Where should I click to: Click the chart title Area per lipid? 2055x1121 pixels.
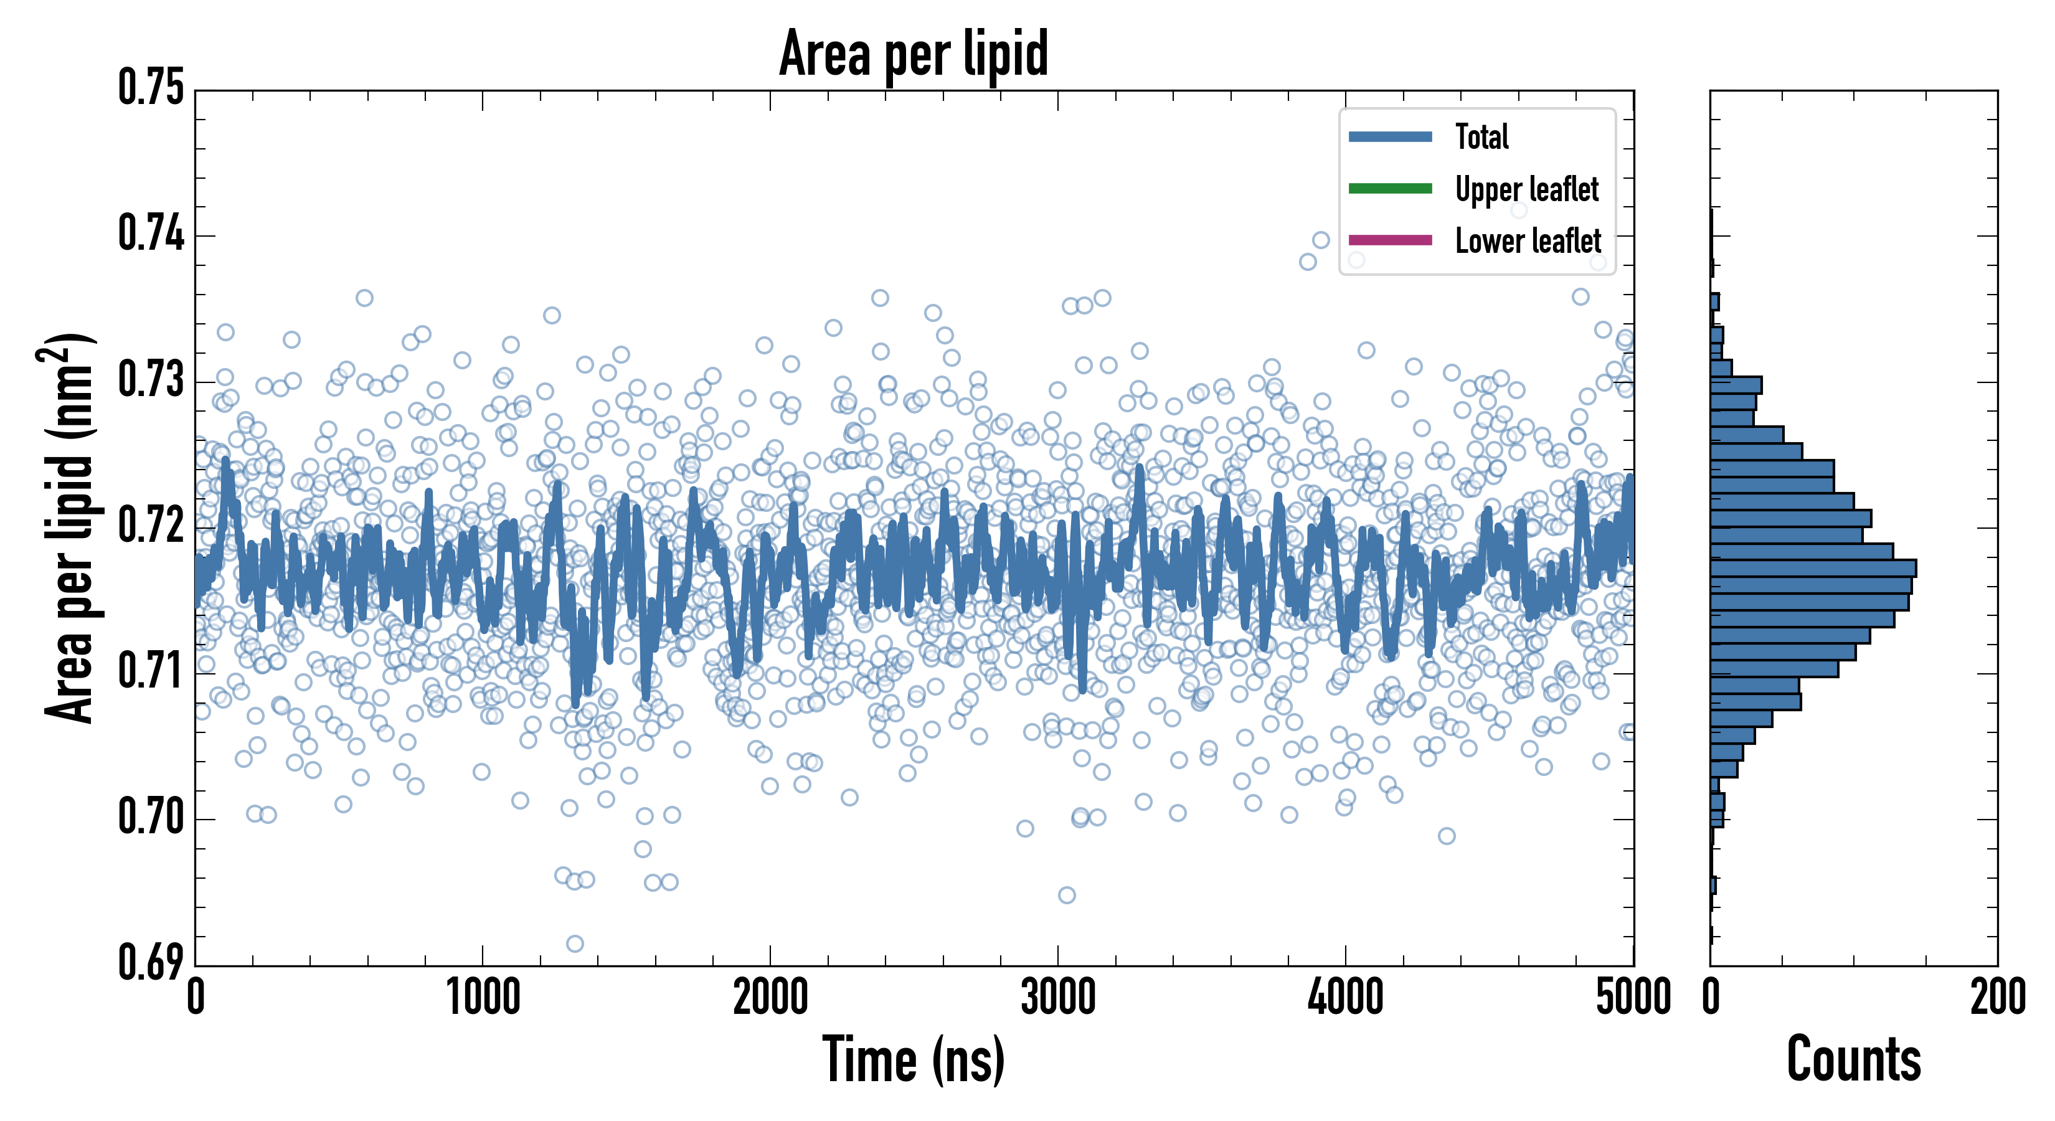[x=914, y=54]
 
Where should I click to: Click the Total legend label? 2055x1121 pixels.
[x=1481, y=136]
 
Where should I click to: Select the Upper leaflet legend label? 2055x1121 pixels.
[x=1526, y=189]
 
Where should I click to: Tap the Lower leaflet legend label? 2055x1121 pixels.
[x=1528, y=240]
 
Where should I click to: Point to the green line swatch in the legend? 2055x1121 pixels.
[x=1390, y=188]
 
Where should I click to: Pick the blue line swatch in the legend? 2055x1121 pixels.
[x=1390, y=136]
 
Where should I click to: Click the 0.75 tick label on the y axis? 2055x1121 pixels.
[x=151, y=88]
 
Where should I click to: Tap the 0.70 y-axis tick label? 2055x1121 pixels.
[x=151, y=817]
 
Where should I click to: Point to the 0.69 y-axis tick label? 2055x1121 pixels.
[x=151, y=962]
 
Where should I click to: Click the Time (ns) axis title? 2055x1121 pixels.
[x=914, y=1061]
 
